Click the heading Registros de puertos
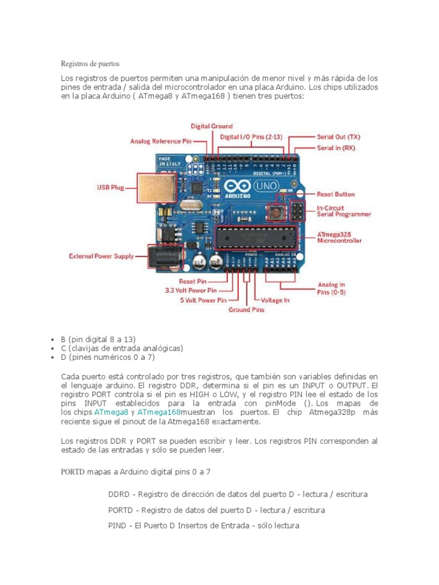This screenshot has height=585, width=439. (90, 63)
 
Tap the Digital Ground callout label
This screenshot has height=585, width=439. (211, 126)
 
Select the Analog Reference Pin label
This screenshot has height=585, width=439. (161, 141)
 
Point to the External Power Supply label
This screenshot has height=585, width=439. (101, 256)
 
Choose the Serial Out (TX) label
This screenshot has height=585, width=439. (338, 137)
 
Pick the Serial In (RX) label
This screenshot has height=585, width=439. (336, 148)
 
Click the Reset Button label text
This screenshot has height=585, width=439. (336, 194)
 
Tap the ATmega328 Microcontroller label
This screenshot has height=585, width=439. (339, 237)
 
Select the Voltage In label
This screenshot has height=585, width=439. (275, 300)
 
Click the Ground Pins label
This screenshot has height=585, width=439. (247, 310)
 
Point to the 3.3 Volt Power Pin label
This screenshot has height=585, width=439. (195, 290)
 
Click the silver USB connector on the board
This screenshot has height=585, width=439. (153, 187)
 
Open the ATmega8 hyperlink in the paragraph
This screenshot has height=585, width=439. (111, 412)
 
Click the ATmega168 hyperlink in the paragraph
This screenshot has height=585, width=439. (158, 412)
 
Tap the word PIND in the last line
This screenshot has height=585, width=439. (118, 525)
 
